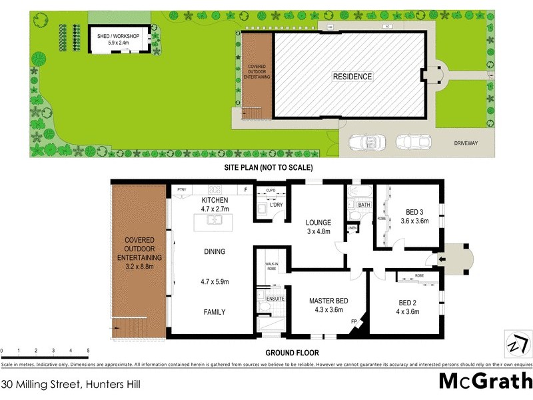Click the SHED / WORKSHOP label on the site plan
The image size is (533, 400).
coord(113,37)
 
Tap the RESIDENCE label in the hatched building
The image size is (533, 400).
coord(352,77)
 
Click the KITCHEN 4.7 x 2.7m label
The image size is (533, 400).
coord(215,204)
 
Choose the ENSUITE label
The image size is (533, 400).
coord(274,299)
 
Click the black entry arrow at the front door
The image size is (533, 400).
coord(440,259)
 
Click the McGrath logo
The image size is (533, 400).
coord(485,381)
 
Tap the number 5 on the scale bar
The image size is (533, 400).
coord(88,350)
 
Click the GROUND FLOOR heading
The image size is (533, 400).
coord(292,353)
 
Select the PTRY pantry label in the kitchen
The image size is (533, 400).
coord(181,190)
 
